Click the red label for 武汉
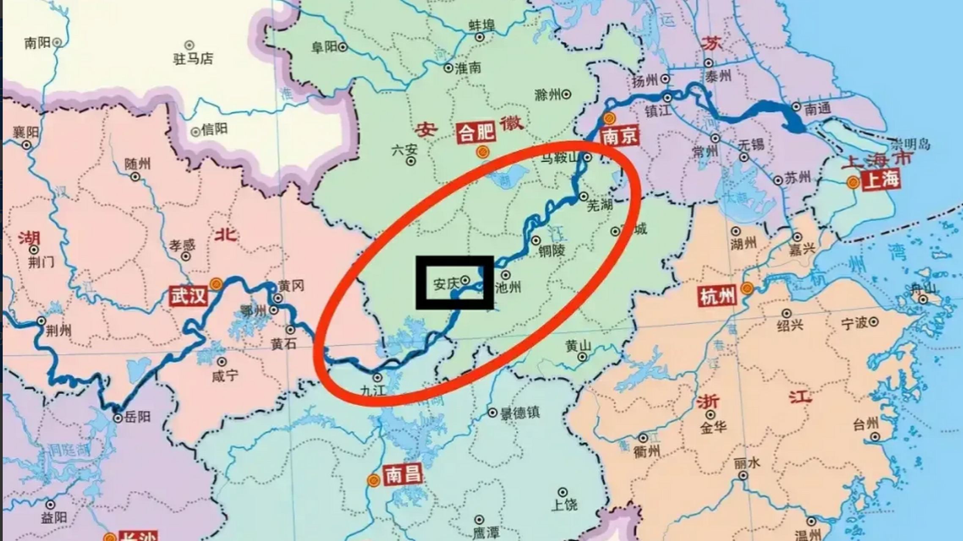point(188,295)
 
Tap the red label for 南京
point(620,136)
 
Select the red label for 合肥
point(476,133)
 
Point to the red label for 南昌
point(403,474)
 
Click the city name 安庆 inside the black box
point(446,284)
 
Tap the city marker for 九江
point(377,377)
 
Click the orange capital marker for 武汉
point(217,284)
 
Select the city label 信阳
point(214,129)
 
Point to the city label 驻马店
point(193,58)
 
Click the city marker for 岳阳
point(118,418)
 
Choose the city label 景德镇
point(520,413)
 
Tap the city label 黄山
point(578,346)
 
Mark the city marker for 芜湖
point(584,196)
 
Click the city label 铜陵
point(551,251)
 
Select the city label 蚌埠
point(482,25)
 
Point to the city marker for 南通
point(796,107)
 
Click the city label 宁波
point(854,323)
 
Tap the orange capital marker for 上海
point(853,183)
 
